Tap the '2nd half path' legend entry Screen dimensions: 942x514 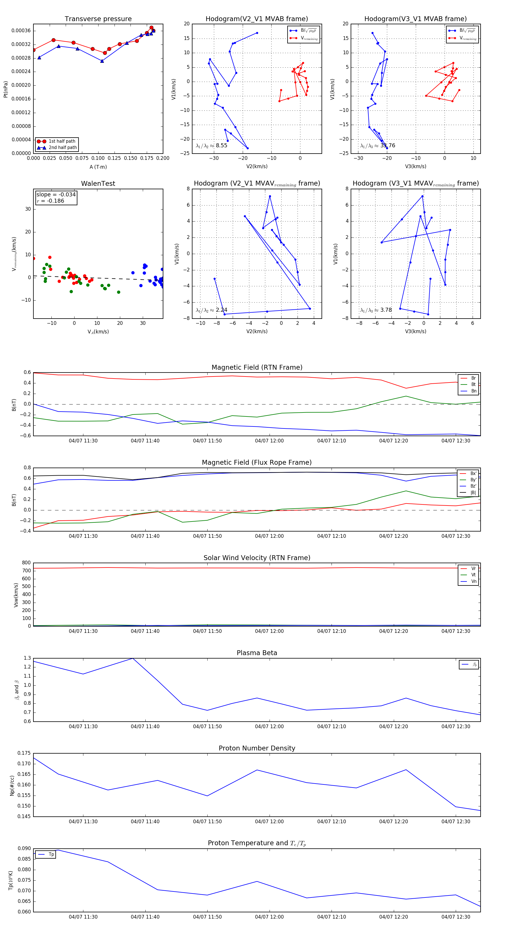click(63, 148)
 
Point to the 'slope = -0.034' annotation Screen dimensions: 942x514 click(56, 195)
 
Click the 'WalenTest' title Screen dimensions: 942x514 click(98, 184)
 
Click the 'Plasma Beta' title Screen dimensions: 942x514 click(257, 653)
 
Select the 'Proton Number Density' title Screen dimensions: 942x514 click(257, 748)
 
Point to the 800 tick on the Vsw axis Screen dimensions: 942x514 click(26, 563)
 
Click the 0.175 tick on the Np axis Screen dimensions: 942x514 click(25, 753)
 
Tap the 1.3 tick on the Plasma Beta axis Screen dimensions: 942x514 click(27, 658)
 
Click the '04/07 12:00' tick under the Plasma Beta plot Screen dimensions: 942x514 click(269, 726)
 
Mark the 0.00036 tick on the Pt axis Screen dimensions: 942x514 click(21, 31)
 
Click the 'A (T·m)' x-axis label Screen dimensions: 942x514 click(98, 167)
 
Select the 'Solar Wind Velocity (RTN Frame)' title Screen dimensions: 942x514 click(257, 558)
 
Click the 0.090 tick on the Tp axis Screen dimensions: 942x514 click(25, 849)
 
